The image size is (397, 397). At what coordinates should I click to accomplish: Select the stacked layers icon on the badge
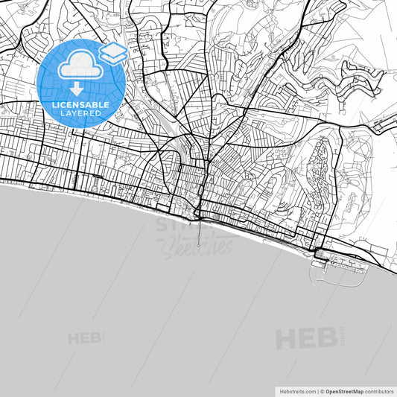(x=112, y=51)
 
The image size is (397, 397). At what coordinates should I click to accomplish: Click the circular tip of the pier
(x=199, y=245)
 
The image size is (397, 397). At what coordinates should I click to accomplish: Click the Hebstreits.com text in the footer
(x=297, y=391)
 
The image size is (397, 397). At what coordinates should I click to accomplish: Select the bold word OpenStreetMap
(x=344, y=391)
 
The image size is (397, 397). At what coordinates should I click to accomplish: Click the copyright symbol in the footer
(x=322, y=391)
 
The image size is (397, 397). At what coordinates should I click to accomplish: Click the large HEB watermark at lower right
(x=305, y=338)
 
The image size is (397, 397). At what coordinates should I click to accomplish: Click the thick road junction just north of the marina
(x=317, y=250)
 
